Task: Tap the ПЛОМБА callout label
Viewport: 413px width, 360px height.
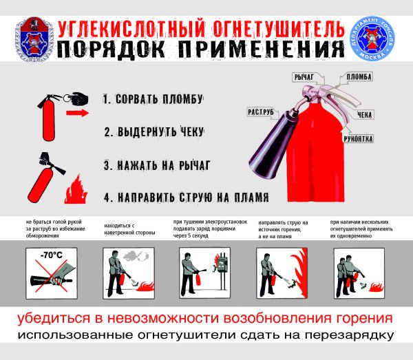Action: [359, 76]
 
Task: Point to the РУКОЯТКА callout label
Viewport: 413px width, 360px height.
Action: [359, 139]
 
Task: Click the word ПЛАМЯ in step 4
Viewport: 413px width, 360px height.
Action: [246, 198]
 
